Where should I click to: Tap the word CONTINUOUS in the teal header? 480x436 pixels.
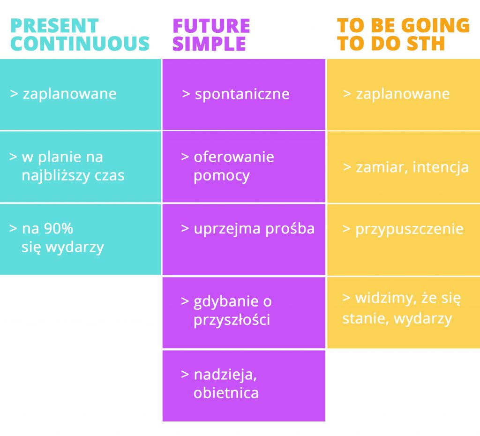(80, 43)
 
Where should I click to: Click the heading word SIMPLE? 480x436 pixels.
(210, 44)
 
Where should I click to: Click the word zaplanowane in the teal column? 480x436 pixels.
(69, 94)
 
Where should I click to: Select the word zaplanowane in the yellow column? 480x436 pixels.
(403, 94)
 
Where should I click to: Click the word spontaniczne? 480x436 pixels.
(242, 94)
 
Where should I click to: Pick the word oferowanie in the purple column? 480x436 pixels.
(234, 157)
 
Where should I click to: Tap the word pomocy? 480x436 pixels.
(222, 176)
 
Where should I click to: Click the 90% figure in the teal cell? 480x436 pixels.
(59, 228)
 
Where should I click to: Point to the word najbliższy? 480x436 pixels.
(55, 175)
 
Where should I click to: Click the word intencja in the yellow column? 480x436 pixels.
(441, 167)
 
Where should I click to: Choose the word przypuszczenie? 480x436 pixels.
(409, 229)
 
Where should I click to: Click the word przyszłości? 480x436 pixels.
(232, 320)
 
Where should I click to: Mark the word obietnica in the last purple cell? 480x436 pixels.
(226, 393)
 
